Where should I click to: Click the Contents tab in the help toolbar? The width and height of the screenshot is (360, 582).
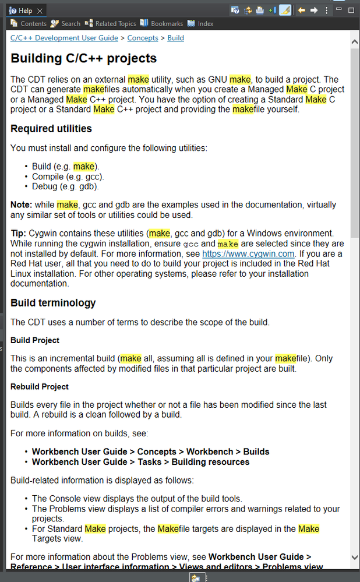click(29, 24)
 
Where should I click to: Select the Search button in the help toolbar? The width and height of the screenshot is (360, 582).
click(65, 24)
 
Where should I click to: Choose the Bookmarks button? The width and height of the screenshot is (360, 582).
click(161, 24)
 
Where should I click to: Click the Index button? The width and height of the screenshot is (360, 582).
click(200, 24)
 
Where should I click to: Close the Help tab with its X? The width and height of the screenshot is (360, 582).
click(40, 10)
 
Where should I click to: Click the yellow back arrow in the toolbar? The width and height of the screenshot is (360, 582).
click(301, 10)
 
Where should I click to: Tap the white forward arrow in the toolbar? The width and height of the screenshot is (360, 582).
click(314, 10)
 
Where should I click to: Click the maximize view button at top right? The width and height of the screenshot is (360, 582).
click(351, 10)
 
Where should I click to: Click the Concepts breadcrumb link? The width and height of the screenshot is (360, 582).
click(143, 38)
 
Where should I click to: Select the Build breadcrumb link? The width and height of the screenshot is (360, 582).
click(175, 38)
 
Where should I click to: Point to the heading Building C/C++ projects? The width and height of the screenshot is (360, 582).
click(84, 58)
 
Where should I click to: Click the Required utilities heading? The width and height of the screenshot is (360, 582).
click(51, 128)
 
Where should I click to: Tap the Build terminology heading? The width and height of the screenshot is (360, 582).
click(53, 303)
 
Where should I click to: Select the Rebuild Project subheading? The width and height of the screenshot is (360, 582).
click(40, 387)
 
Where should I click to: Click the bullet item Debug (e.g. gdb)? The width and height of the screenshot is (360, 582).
click(65, 187)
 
